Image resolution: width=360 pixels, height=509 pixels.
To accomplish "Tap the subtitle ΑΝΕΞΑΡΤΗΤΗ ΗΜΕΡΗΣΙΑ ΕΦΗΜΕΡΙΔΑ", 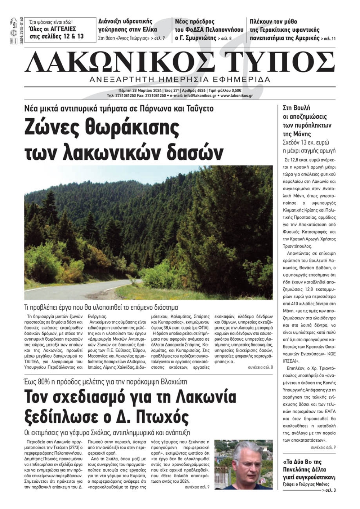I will [180, 79].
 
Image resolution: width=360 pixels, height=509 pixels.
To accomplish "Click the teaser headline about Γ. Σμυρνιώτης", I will [209, 30].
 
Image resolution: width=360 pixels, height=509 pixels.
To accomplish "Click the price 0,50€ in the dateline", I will [235, 91].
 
